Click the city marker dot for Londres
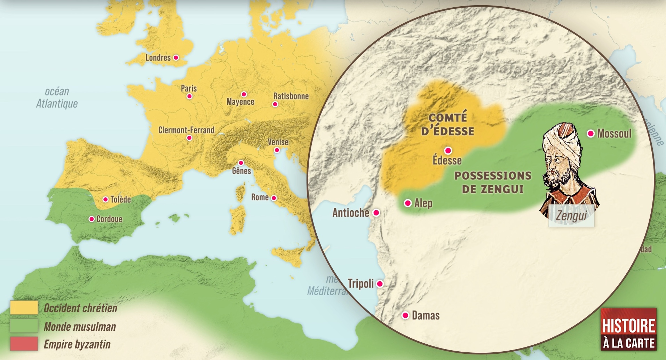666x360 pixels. tap(176, 57)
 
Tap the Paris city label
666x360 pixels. tap(189, 88)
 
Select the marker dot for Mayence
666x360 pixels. tap(244, 94)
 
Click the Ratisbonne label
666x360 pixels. tap(291, 96)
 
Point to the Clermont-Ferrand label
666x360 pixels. tap(186, 130)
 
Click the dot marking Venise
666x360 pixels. tap(277, 150)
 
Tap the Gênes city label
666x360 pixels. tap(241, 171)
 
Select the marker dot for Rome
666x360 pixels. tap(274, 198)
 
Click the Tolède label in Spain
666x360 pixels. tap(120, 199)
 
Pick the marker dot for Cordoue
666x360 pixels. tap(92, 219)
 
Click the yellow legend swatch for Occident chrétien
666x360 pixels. tap(24, 308)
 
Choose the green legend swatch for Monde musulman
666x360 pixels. tap(24, 326)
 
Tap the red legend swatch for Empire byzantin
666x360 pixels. tap(24, 344)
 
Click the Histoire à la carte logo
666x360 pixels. tap(628, 329)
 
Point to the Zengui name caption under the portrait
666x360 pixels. tap(571, 216)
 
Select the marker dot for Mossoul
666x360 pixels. tap(590, 133)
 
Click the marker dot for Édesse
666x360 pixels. tap(448, 150)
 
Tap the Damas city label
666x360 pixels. tap(426, 315)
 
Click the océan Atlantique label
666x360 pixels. tap(57, 97)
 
